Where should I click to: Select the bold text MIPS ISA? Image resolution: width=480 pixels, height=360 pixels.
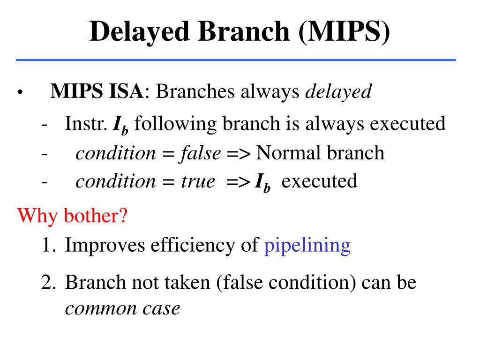click(96, 91)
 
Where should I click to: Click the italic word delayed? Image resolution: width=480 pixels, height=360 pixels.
click(338, 91)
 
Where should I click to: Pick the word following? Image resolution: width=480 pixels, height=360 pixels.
click(178, 124)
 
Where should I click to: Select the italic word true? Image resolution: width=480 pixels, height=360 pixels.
click(197, 181)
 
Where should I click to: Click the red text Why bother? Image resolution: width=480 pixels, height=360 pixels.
click(72, 217)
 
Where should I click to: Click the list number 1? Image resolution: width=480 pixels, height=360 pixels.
click(47, 245)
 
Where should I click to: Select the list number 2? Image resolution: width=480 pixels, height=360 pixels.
click(47, 282)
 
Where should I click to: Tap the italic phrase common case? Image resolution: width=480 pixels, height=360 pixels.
click(122, 308)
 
